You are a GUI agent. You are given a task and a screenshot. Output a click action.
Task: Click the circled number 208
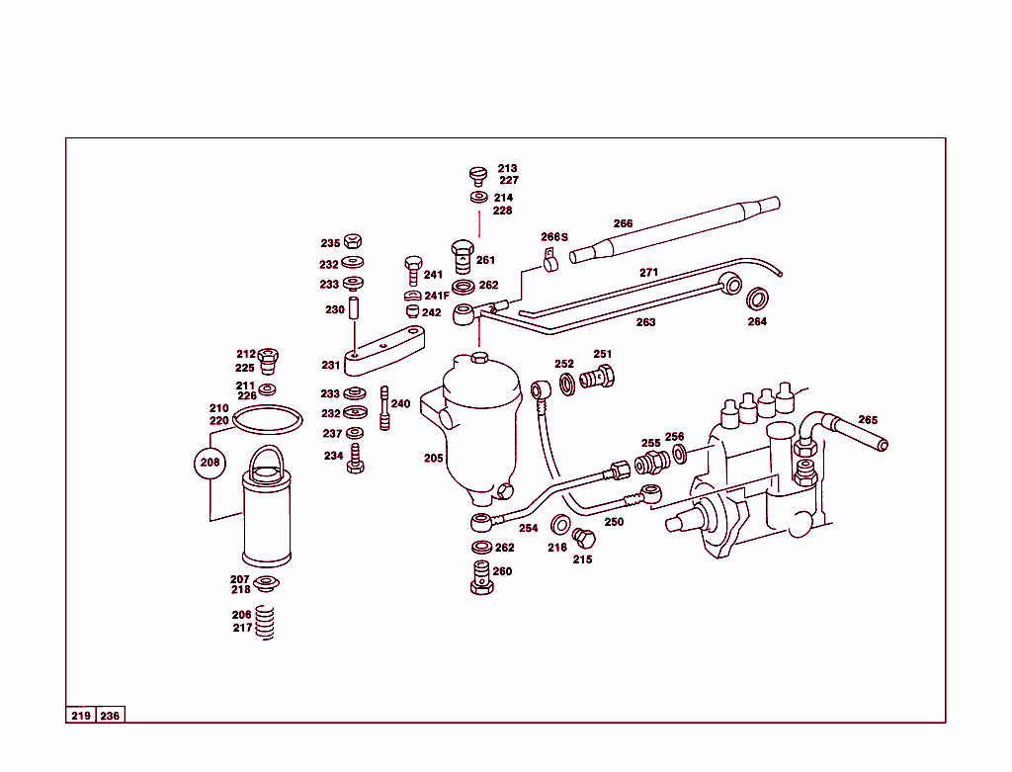[210, 462]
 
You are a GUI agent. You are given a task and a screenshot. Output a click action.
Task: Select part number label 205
[434, 459]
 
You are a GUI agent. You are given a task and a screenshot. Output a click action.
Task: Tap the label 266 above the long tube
[623, 223]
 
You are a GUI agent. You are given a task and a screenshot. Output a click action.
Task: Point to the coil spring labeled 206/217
[264, 622]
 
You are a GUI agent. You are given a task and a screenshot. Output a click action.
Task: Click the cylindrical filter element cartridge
[266, 519]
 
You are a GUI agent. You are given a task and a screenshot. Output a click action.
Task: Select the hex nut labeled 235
[357, 242]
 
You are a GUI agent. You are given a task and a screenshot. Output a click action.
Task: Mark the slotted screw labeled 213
[478, 176]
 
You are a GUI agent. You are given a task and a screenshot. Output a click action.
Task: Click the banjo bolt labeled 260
[481, 576]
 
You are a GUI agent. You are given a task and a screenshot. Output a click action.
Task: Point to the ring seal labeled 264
[757, 299]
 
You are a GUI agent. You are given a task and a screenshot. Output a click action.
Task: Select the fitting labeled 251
[599, 376]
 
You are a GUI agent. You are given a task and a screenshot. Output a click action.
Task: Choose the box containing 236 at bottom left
[110, 716]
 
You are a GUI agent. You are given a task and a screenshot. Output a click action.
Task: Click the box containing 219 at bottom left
[81, 716]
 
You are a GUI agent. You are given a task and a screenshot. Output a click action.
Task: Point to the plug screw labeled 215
[584, 539]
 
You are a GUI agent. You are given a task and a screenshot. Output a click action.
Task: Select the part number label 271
[648, 272]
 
